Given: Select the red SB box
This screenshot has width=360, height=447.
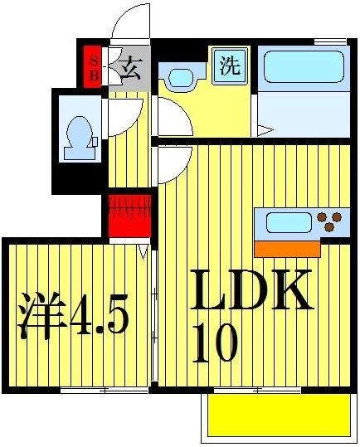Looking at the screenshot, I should [x=93, y=66].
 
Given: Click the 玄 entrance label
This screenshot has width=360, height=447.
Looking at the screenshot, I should [x=129, y=67].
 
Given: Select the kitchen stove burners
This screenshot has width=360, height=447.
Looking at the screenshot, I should [x=329, y=222].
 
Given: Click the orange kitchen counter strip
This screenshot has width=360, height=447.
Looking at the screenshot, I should [x=286, y=247].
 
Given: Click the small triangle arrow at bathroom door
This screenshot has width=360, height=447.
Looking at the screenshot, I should [x=264, y=129].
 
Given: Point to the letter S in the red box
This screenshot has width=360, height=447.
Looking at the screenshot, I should [x=93, y=58].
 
